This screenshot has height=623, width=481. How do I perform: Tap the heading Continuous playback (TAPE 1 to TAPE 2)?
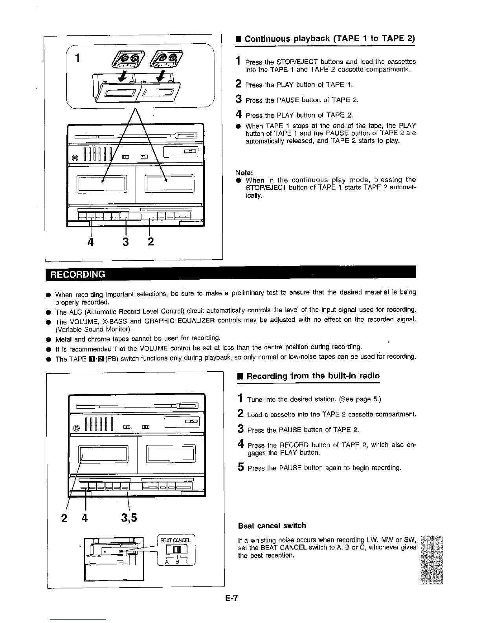point(329,39)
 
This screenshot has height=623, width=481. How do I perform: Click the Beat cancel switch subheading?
point(272,525)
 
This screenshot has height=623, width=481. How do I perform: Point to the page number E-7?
point(232,599)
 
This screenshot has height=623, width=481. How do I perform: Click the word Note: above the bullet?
point(244,172)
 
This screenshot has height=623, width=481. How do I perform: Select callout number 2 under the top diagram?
point(151,241)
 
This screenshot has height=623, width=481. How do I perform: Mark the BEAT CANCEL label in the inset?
point(176,540)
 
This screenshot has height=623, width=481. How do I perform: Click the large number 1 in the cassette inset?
point(78,58)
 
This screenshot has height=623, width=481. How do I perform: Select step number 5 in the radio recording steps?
point(241,467)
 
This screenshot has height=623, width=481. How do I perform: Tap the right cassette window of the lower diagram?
point(170,454)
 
